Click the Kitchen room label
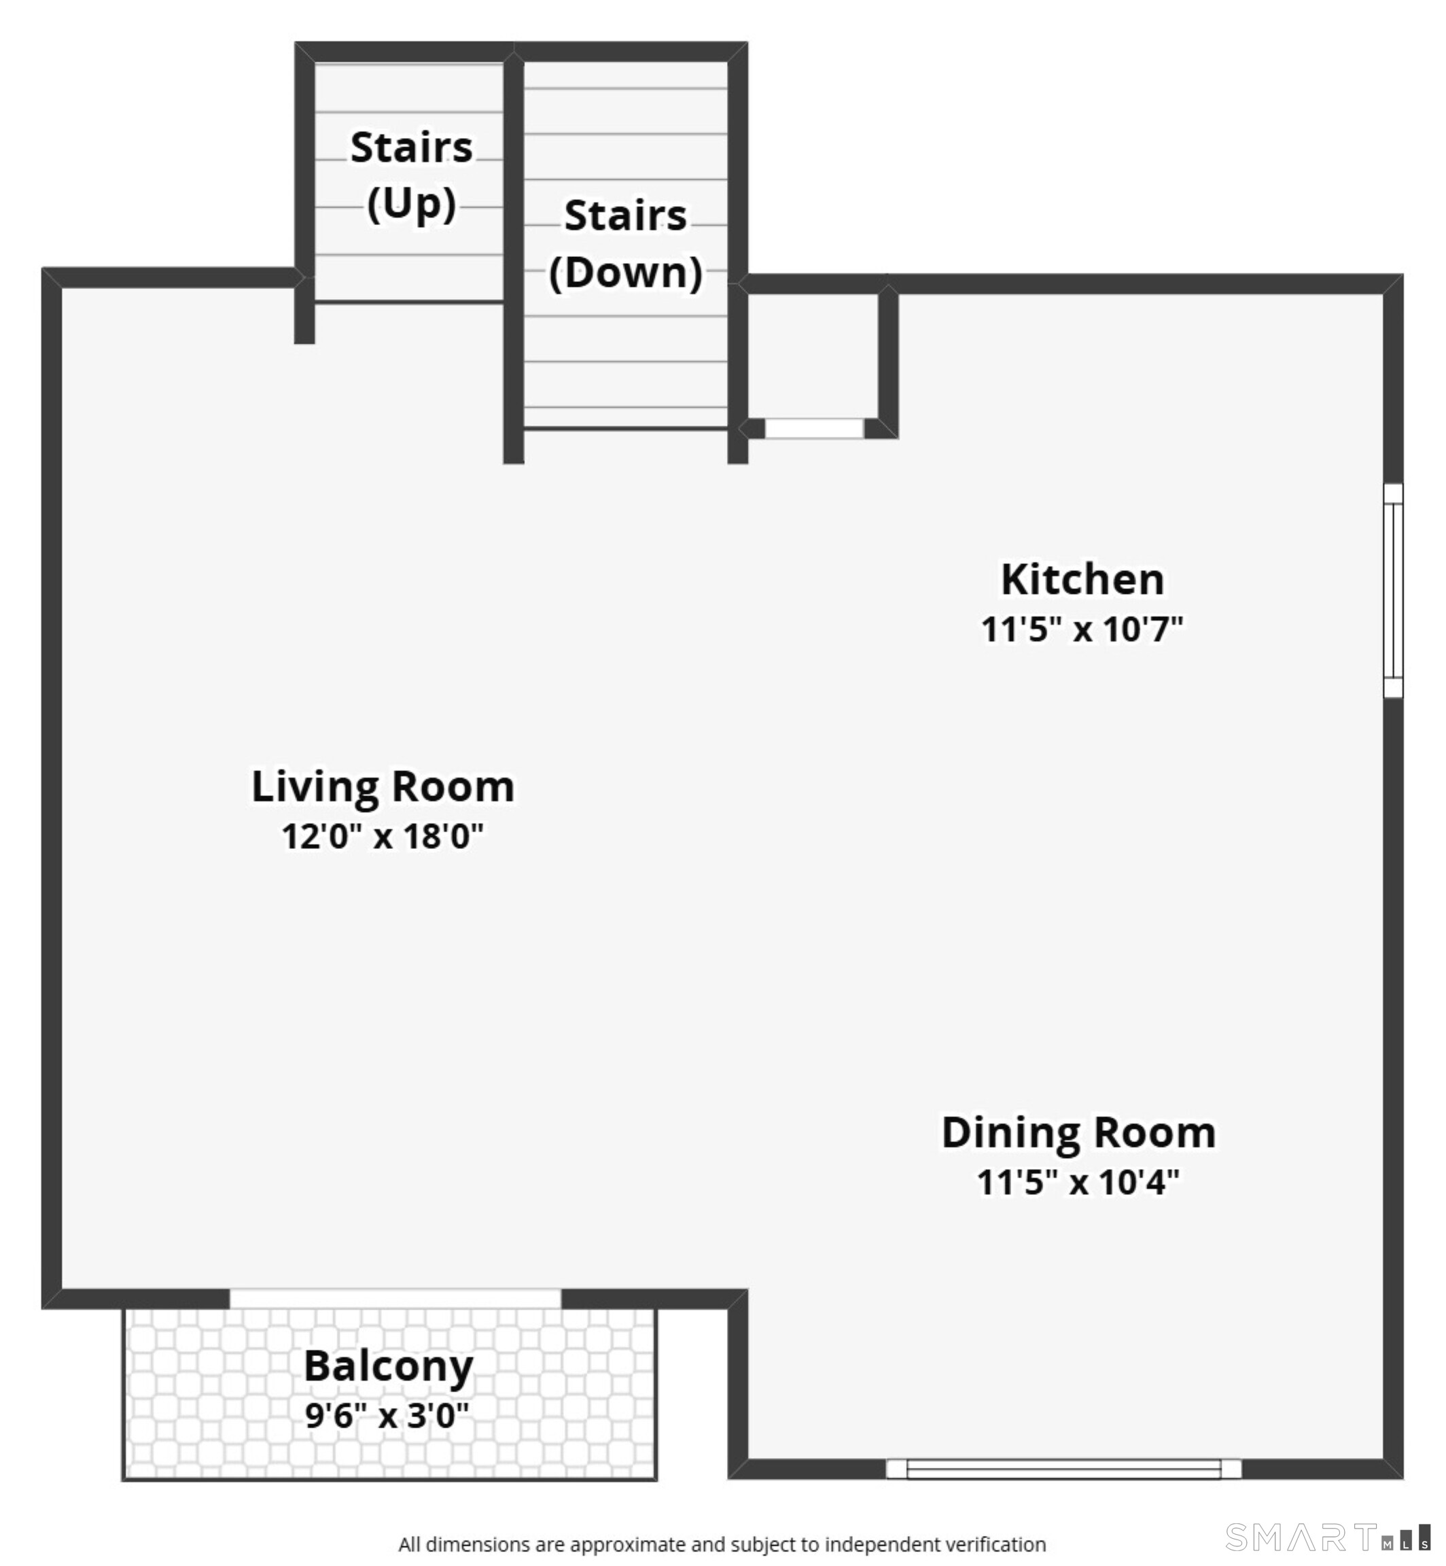[x=1082, y=580]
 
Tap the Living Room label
[x=383, y=787]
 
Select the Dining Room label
[x=1078, y=1134]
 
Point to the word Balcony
[x=388, y=1368]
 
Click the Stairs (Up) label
[x=412, y=175]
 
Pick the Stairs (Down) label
[x=625, y=244]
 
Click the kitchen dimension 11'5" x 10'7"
[x=1082, y=629]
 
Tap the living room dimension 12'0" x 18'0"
[x=383, y=837]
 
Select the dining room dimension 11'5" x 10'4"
[x=1078, y=1183]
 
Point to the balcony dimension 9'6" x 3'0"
[x=387, y=1416]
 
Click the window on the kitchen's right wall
[x=1393, y=590]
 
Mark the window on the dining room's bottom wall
[x=1063, y=1469]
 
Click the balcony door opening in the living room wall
[x=395, y=1298]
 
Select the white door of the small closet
[x=814, y=428]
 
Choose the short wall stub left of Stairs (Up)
[x=304, y=315]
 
